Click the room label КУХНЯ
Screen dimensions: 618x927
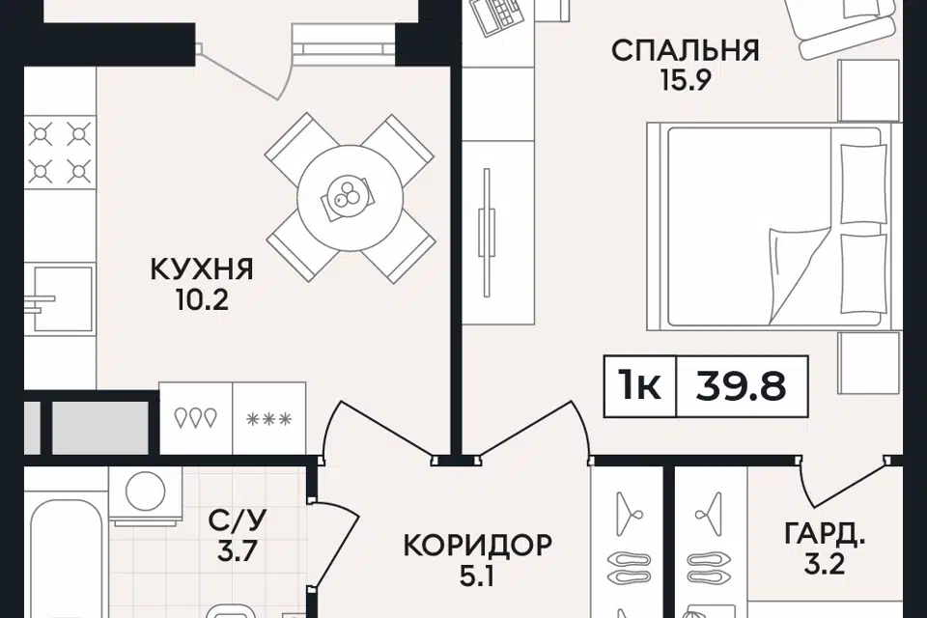202,267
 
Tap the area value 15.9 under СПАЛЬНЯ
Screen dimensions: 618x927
686,81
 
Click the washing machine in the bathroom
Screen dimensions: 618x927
145,491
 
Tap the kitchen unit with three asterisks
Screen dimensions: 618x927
269,417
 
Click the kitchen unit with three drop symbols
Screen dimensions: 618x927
196,417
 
